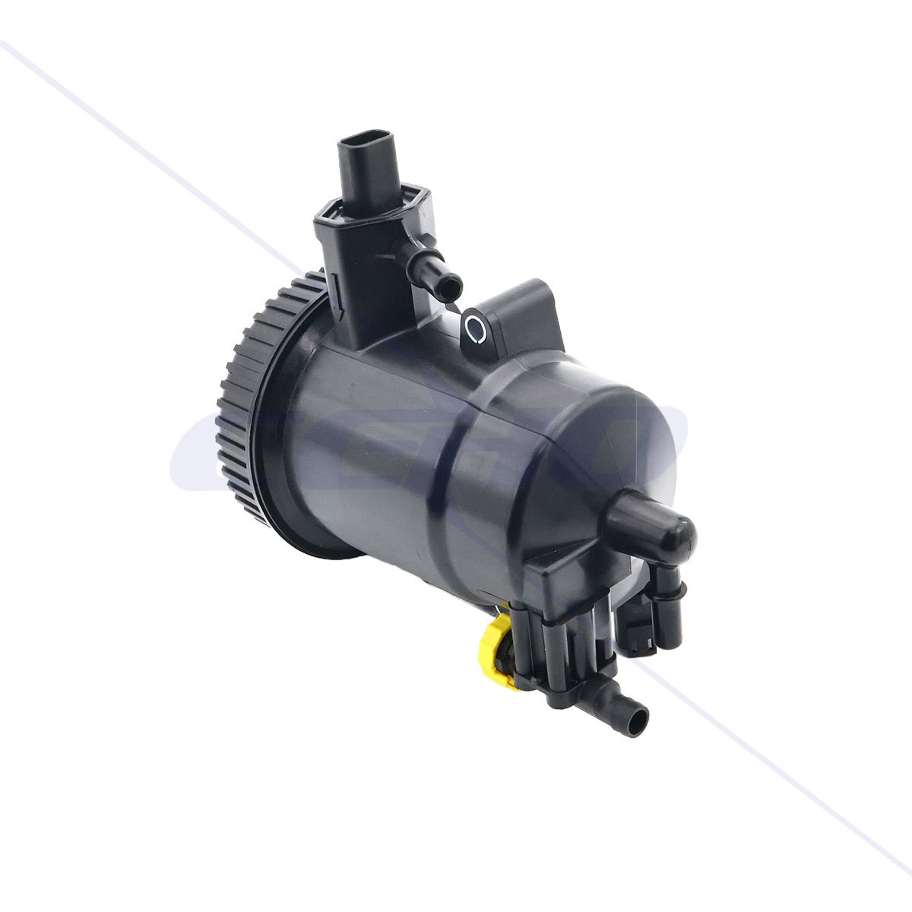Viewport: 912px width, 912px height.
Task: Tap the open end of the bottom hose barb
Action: coord(641,714)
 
